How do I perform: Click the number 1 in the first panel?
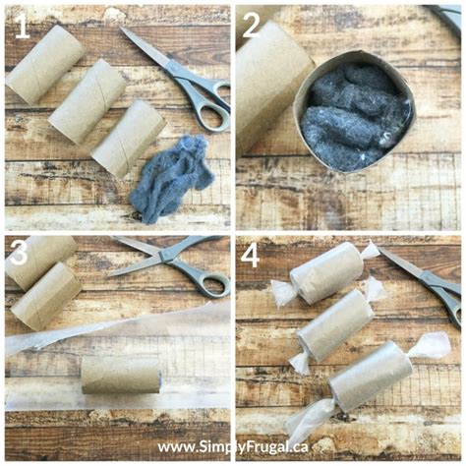[21, 28]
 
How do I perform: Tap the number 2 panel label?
[252, 26]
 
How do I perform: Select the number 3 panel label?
[20, 252]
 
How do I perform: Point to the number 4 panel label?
[251, 256]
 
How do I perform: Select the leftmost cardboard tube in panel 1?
[43, 65]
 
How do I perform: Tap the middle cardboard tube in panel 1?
[88, 101]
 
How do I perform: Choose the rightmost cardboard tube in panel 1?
[129, 137]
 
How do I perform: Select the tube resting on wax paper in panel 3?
[120, 374]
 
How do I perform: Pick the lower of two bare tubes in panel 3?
[45, 295]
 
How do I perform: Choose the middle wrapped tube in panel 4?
[334, 325]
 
